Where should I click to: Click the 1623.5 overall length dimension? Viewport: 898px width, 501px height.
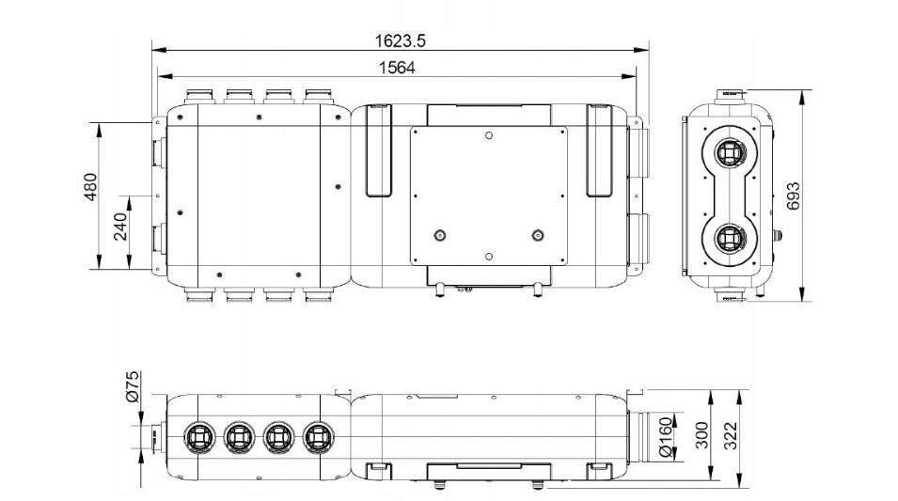[x=401, y=40]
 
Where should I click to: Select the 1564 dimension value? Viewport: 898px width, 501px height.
[x=397, y=68]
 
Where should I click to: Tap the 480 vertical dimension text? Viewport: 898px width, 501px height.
[x=91, y=187]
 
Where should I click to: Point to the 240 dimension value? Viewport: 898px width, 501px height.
[x=120, y=227]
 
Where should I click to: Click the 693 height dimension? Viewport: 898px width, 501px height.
[x=793, y=196]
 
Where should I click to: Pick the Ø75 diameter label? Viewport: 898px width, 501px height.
[x=133, y=386]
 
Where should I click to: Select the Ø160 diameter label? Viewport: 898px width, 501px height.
[x=665, y=437]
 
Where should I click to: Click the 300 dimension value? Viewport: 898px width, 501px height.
[x=702, y=436]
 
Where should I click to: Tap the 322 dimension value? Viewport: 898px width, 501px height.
[x=731, y=436]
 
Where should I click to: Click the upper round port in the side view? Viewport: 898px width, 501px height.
[x=731, y=153]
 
